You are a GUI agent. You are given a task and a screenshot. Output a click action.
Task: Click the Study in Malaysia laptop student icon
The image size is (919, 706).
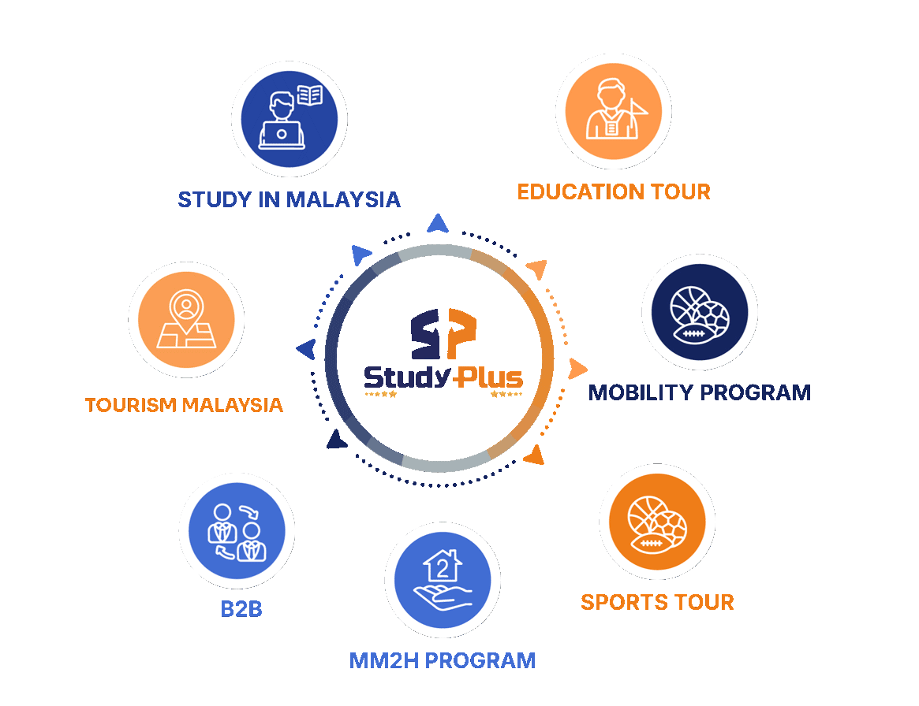point(289,119)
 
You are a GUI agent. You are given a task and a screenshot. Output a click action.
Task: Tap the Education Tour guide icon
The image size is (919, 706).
point(613,111)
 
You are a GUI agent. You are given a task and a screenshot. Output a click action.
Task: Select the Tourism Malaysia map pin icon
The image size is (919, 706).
point(186,320)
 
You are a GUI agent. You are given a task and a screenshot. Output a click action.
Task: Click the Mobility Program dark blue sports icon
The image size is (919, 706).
point(700,312)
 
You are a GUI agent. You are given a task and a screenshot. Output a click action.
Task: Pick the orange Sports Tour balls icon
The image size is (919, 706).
point(657,522)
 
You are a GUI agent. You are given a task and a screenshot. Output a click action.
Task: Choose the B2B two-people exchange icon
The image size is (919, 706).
point(237,531)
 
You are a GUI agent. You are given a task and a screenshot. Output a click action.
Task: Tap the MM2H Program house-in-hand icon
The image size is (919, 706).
point(443,580)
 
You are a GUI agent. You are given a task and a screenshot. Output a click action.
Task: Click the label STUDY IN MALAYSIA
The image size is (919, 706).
point(289,199)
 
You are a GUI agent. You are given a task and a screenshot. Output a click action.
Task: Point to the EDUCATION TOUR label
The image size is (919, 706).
point(614,192)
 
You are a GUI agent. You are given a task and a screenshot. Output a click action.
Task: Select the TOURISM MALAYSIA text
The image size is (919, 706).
point(184,404)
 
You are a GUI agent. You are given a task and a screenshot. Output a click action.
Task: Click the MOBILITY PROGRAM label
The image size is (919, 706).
point(699,392)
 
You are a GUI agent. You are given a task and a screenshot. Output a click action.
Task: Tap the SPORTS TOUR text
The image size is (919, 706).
point(657,602)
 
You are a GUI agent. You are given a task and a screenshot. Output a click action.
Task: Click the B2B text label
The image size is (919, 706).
point(241,609)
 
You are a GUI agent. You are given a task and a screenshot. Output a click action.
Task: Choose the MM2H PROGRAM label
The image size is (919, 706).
point(443,661)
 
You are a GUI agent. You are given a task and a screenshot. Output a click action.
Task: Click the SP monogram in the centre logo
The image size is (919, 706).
point(443,333)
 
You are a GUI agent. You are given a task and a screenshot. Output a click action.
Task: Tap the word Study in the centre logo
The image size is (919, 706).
point(407,377)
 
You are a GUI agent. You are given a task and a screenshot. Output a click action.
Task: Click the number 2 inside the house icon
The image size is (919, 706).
point(443,568)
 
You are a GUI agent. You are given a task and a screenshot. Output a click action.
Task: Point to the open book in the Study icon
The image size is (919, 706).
point(309,95)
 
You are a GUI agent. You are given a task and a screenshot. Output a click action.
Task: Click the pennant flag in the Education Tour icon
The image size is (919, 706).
point(638,107)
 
